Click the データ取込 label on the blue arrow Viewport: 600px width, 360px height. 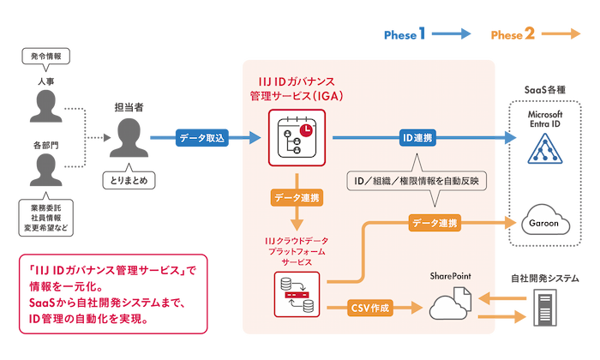click(202, 137)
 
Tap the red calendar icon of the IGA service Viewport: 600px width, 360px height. click(295, 136)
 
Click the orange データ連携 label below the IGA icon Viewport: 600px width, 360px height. click(296, 197)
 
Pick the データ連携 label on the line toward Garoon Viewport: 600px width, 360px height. click(435, 223)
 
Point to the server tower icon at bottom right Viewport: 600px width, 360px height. click(544, 304)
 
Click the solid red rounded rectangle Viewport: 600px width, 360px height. click(114, 293)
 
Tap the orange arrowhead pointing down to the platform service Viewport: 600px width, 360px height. click(296, 219)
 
